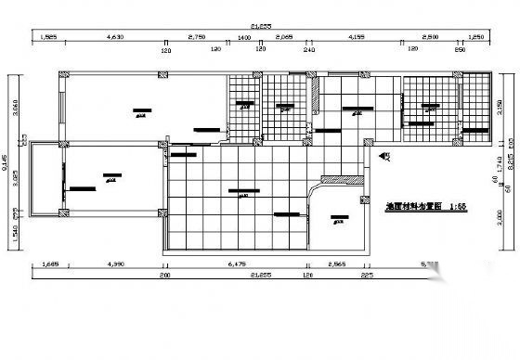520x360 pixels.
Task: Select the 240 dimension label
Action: coord(309,48)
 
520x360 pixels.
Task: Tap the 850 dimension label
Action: coord(459,48)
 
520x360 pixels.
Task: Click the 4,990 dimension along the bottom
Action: coord(116,266)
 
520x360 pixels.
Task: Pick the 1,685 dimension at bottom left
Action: coord(49,266)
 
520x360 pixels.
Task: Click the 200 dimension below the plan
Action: coord(165,276)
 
